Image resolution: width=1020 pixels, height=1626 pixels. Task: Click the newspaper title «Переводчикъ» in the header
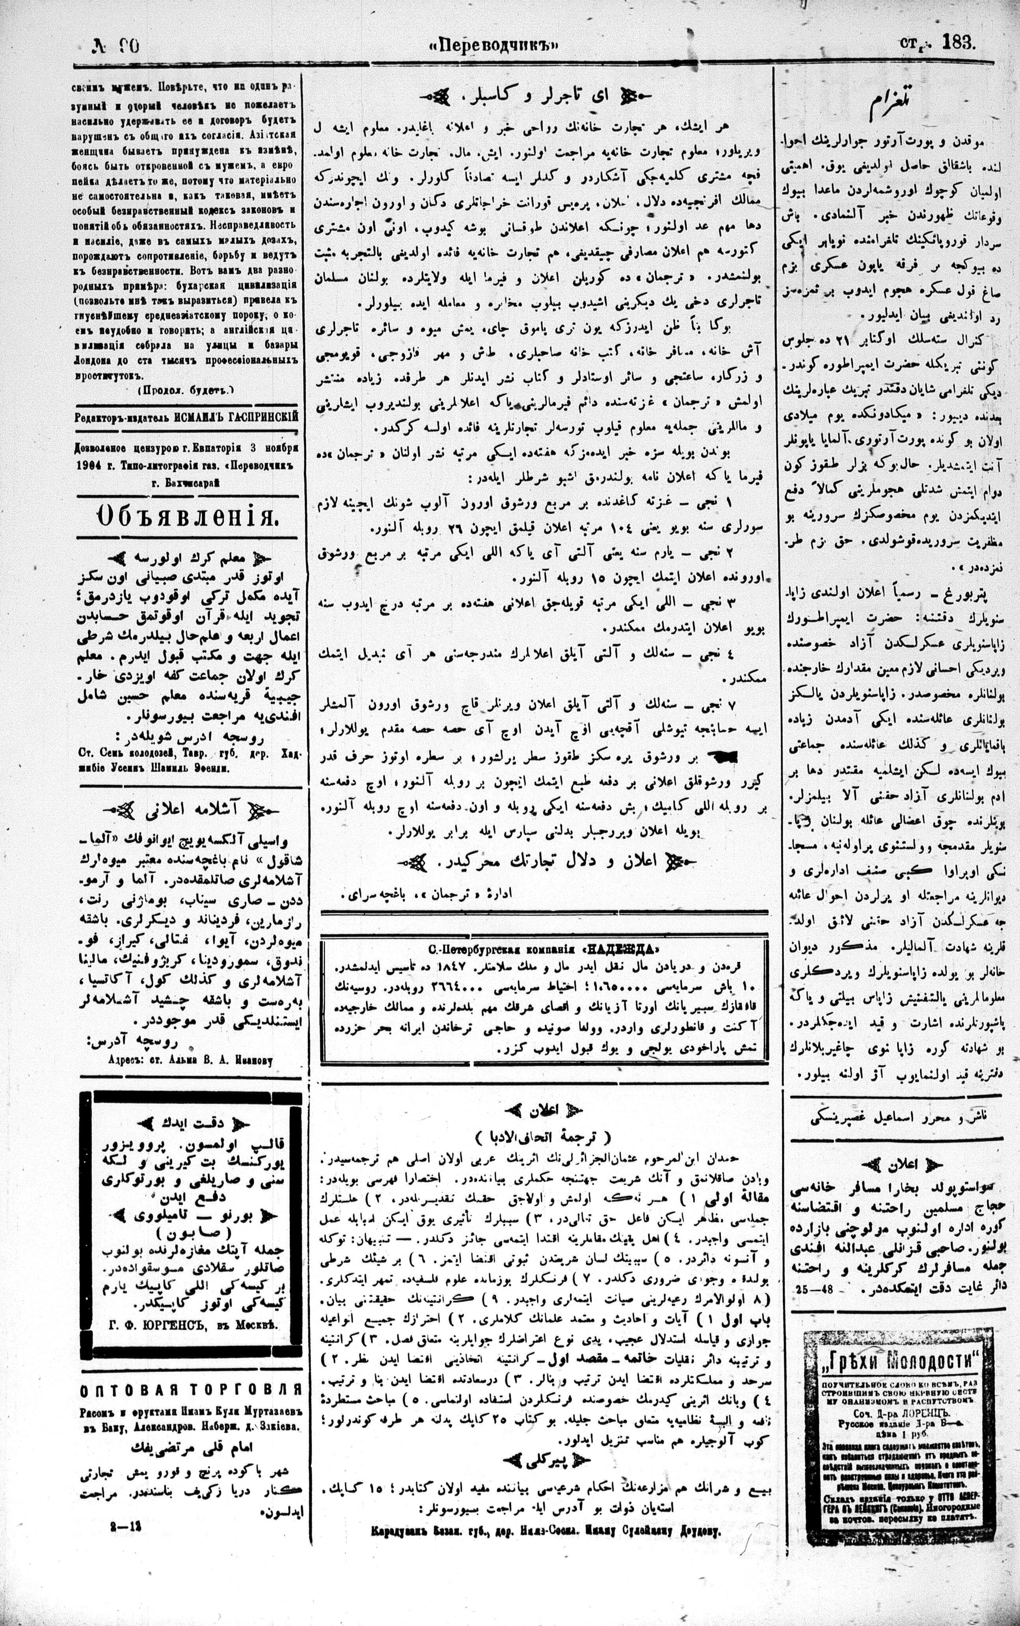pos(495,46)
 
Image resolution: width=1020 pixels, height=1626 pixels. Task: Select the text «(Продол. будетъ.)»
pos(186,390)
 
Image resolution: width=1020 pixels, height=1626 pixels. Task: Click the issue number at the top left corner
pos(116,46)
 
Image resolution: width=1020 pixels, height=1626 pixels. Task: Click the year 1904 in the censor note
pos(90,466)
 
